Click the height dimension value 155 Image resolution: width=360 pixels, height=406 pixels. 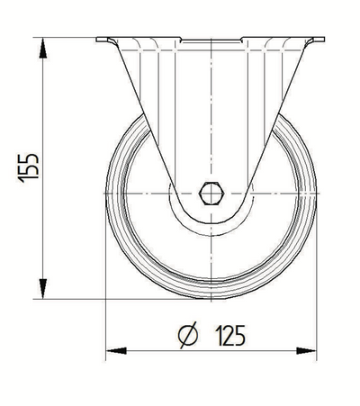click(27, 167)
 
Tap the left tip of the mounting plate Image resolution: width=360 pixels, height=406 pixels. click(97, 39)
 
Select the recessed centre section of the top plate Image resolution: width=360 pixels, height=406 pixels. click(211, 41)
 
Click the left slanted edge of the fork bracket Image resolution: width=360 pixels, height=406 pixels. click(139, 113)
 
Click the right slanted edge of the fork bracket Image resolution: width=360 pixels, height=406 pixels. click(283, 113)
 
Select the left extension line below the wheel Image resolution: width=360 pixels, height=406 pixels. click(106, 324)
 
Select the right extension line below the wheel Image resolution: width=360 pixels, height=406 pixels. click(319, 324)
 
